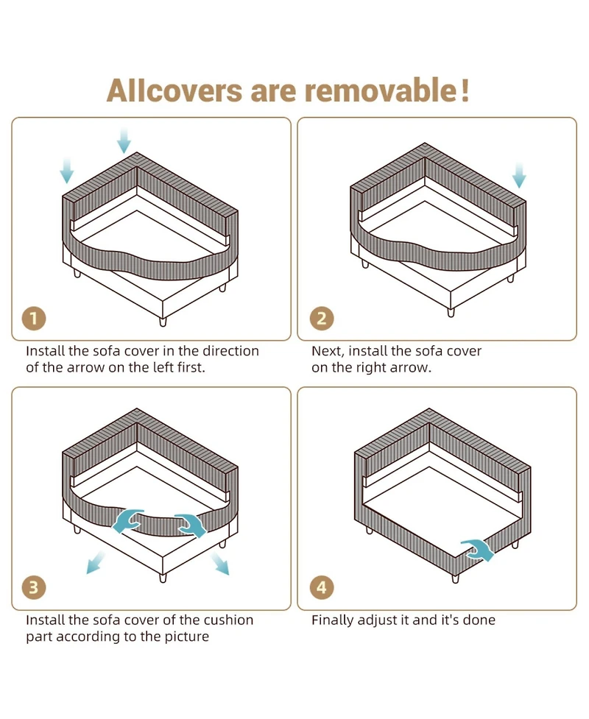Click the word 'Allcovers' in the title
click(174, 91)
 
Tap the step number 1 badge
click(33, 318)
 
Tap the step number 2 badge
click(322, 318)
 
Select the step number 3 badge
click(33, 587)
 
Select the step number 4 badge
click(322, 587)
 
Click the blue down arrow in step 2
click(519, 174)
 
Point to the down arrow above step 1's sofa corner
click(124, 141)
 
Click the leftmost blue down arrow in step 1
click(67, 170)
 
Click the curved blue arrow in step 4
click(479, 549)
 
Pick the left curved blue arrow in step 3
click(127, 521)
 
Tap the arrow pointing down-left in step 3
click(96, 563)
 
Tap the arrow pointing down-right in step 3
click(220, 564)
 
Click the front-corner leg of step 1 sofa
click(163, 321)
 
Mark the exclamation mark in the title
click(465, 91)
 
